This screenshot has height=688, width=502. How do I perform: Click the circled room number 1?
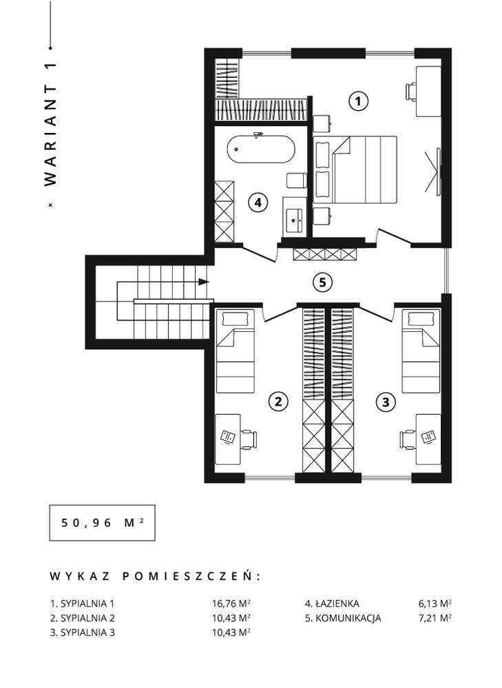point(358,101)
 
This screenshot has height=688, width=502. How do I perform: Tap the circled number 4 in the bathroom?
point(258,202)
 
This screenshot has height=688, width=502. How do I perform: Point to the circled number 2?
point(278,402)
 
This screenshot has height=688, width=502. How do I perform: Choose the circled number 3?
point(385,402)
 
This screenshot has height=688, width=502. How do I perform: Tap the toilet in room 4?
point(295,180)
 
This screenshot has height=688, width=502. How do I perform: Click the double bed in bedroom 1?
point(363,169)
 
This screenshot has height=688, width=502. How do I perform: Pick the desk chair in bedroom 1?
point(411,91)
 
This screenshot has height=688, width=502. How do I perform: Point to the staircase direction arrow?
point(202,282)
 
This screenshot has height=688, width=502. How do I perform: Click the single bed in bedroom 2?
point(236,351)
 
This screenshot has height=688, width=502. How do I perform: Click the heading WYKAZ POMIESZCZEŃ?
point(156,576)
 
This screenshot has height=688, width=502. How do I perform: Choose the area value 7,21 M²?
point(435,618)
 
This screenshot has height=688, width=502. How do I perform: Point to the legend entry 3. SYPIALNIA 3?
point(83,633)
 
